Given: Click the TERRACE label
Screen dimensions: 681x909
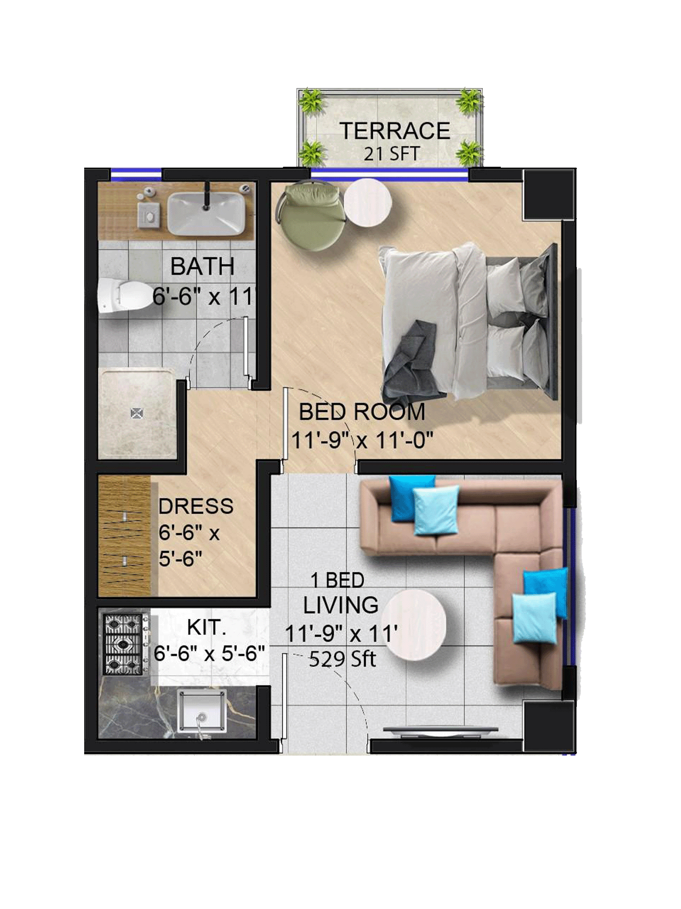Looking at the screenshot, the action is pyautogui.click(x=395, y=131).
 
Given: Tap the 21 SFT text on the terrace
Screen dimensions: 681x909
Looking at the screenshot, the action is pyautogui.click(x=392, y=154).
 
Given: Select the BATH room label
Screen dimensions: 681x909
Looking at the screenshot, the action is pyautogui.click(x=202, y=266).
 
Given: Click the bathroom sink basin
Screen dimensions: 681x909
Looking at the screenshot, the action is pyautogui.click(x=206, y=213).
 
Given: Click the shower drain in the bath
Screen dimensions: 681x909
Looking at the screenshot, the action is pyautogui.click(x=137, y=413).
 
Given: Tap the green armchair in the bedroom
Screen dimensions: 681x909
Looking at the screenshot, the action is pyautogui.click(x=311, y=216).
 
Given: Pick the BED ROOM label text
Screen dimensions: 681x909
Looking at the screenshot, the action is pyautogui.click(x=362, y=411).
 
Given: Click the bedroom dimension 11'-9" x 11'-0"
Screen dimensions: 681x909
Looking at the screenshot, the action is pyautogui.click(x=362, y=440).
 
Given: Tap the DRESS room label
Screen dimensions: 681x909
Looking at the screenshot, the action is pyautogui.click(x=196, y=506).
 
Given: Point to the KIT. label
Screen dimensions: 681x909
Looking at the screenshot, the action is pyautogui.click(x=207, y=628).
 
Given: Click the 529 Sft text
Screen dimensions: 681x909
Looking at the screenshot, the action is pyautogui.click(x=342, y=659).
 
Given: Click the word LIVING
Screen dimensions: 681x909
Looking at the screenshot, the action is pyautogui.click(x=341, y=605).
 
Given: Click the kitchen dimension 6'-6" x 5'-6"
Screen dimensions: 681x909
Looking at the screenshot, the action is pyautogui.click(x=209, y=654).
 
